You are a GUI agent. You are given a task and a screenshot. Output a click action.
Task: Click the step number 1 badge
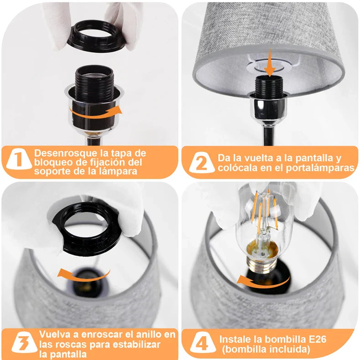(x=19, y=159)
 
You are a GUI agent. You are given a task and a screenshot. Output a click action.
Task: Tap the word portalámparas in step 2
(x=320, y=168)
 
